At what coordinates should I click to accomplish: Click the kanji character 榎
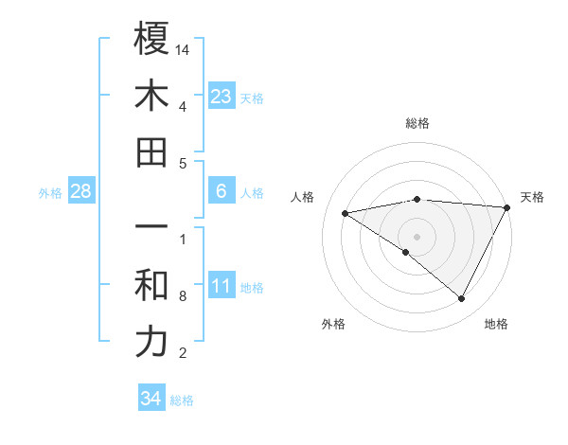(151, 39)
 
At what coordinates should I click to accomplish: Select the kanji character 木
(151, 96)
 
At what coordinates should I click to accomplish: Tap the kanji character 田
(151, 152)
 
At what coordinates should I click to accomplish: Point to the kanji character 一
(151, 228)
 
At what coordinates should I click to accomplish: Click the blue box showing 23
(222, 96)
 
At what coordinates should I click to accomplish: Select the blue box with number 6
(222, 191)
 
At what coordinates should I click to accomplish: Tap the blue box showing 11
(222, 286)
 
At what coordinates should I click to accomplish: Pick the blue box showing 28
(81, 191)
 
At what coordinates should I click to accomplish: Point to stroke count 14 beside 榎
(183, 49)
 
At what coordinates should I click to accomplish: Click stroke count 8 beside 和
(183, 296)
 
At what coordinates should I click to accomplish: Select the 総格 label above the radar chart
(417, 123)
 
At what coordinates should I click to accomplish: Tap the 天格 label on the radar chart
(532, 197)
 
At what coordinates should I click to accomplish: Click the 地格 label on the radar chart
(496, 324)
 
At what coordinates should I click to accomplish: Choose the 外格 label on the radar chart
(333, 324)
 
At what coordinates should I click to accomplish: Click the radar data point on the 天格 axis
(508, 206)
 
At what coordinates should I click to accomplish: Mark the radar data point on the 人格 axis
(346, 213)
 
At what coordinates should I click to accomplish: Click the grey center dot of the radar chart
(417, 236)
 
